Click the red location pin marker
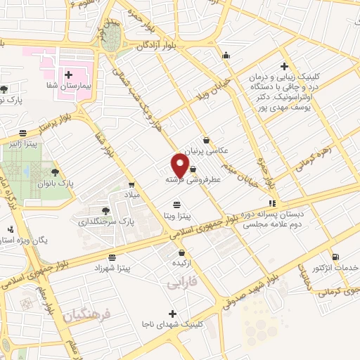click(181, 165)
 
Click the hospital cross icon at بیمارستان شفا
click(69, 75)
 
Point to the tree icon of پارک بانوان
click(55, 171)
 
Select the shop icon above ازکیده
click(182, 252)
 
